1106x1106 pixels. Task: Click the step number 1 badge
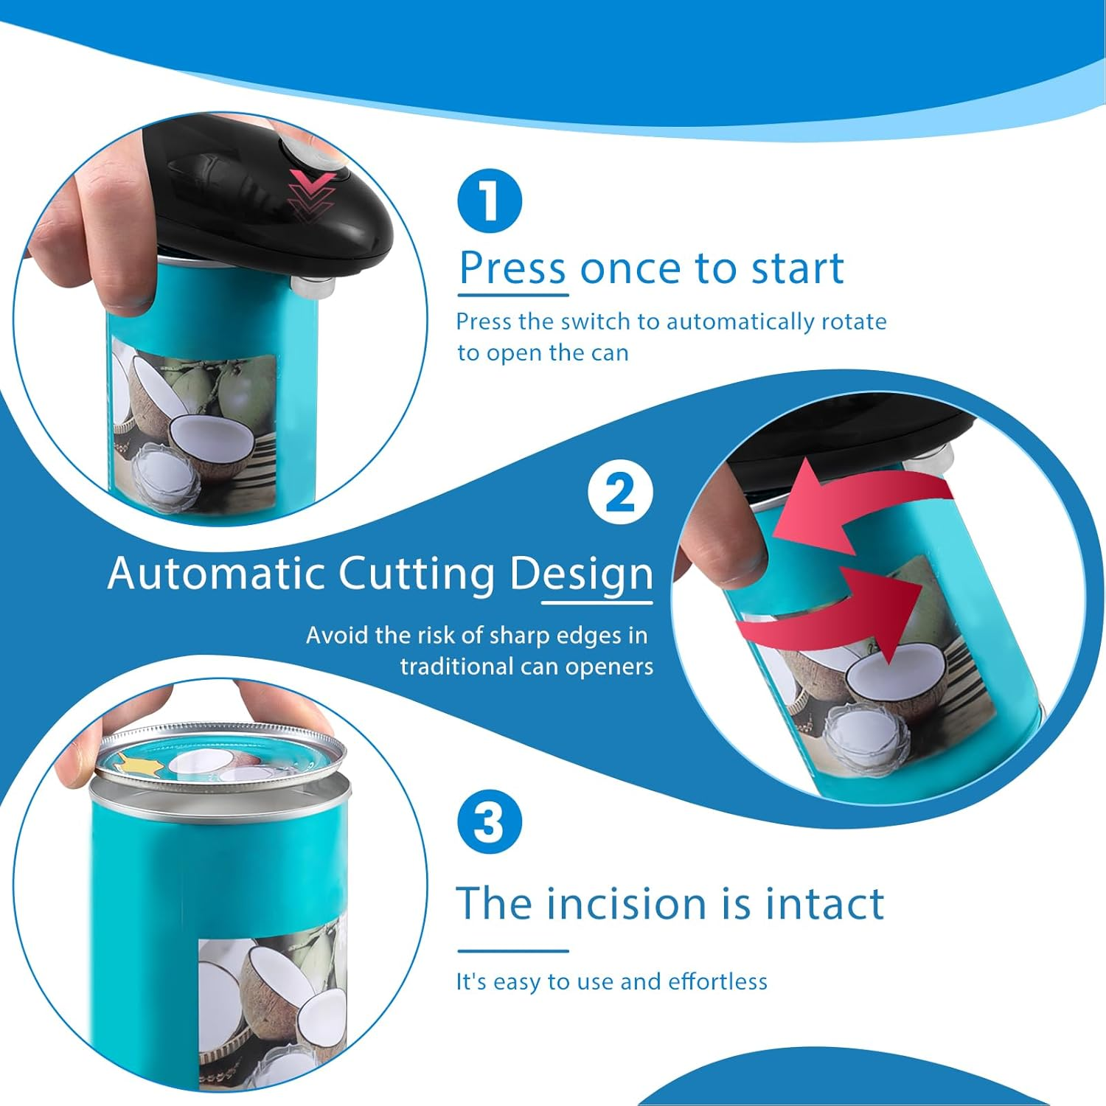click(490, 201)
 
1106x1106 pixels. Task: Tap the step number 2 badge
click(620, 492)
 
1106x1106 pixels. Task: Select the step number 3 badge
click(490, 821)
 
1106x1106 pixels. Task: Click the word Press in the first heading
click(512, 268)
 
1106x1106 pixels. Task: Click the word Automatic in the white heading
click(216, 574)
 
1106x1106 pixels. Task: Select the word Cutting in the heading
click(417, 575)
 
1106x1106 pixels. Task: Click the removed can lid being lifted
click(221, 759)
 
